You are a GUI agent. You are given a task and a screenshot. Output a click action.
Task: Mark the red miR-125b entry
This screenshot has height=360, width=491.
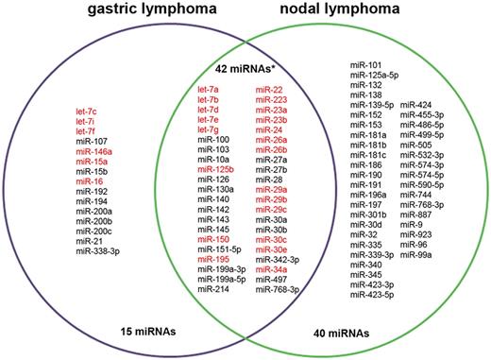[217, 170]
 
